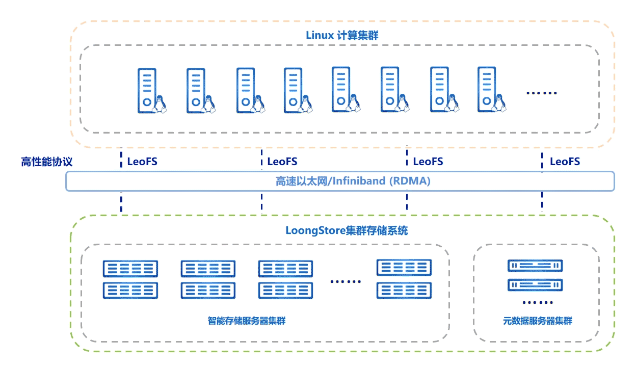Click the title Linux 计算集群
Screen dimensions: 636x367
[342, 35]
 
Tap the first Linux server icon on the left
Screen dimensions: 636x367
[152, 91]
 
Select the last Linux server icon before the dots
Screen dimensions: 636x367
[491, 90]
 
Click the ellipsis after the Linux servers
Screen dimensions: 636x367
[541, 93]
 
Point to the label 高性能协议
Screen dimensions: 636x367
[46, 162]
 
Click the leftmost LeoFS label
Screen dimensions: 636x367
[142, 162]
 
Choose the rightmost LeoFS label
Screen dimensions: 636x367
[565, 162]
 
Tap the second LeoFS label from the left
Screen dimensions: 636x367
[282, 162]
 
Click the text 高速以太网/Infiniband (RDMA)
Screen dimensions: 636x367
[353, 181]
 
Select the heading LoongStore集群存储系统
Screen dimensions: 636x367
[347, 230]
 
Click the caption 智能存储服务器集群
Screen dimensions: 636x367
[247, 321]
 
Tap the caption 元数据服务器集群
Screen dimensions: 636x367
[538, 321]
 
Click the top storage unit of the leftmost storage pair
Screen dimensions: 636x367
[130, 269]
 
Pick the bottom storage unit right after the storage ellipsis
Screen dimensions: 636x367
[404, 290]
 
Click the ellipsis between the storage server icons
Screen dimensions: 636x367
[346, 281]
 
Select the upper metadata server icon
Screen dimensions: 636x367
[535, 266]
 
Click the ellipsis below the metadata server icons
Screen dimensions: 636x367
[538, 302]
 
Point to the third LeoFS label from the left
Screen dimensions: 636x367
[428, 162]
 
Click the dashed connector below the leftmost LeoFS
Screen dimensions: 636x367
[121, 202]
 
